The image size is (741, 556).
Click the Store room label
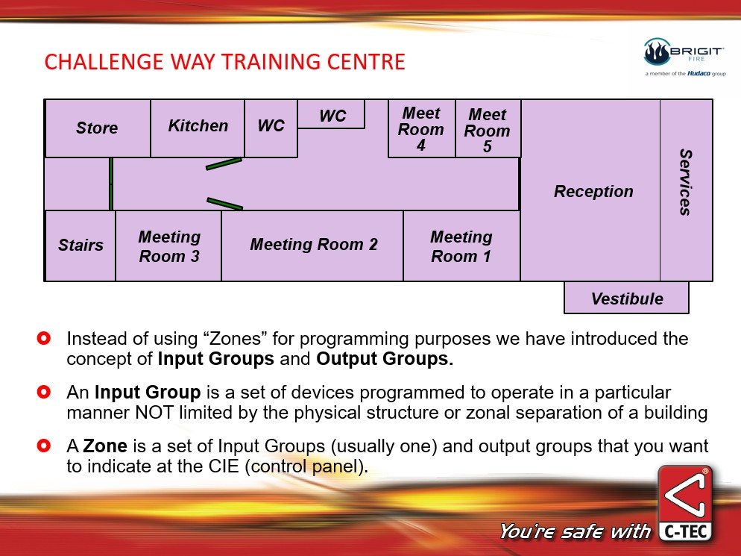click(97, 128)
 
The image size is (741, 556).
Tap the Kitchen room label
click(198, 126)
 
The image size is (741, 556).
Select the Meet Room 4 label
click(421, 128)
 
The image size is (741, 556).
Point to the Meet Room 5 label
click(488, 130)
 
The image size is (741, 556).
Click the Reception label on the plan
click(593, 191)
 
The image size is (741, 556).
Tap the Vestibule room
click(627, 298)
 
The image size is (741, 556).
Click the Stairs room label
click(81, 245)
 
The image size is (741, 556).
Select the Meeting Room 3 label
click(169, 246)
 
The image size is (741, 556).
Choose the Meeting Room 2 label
click(314, 244)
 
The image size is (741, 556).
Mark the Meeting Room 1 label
click(461, 246)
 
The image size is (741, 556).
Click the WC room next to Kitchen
click(271, 126)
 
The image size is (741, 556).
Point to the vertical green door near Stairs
click(111, 184)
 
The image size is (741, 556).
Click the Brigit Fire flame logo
click(657, 52)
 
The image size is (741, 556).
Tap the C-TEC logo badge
click(685, 504)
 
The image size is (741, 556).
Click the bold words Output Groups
click(385, 359)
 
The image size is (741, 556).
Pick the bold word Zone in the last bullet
click(105, 446)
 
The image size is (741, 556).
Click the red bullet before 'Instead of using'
click(43, 338)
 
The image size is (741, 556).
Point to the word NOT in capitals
click(154, 413)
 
